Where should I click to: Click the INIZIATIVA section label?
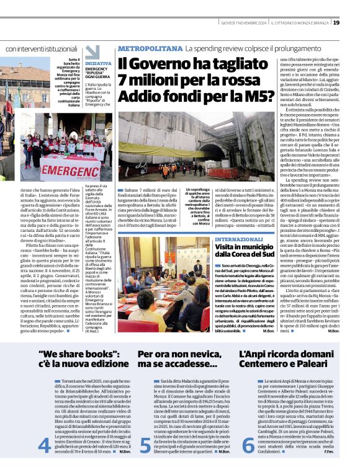click(x=98, y=63)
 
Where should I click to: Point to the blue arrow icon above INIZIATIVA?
click(x=92, y=51)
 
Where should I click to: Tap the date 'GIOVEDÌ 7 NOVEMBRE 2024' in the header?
click(x=245, y=23)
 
